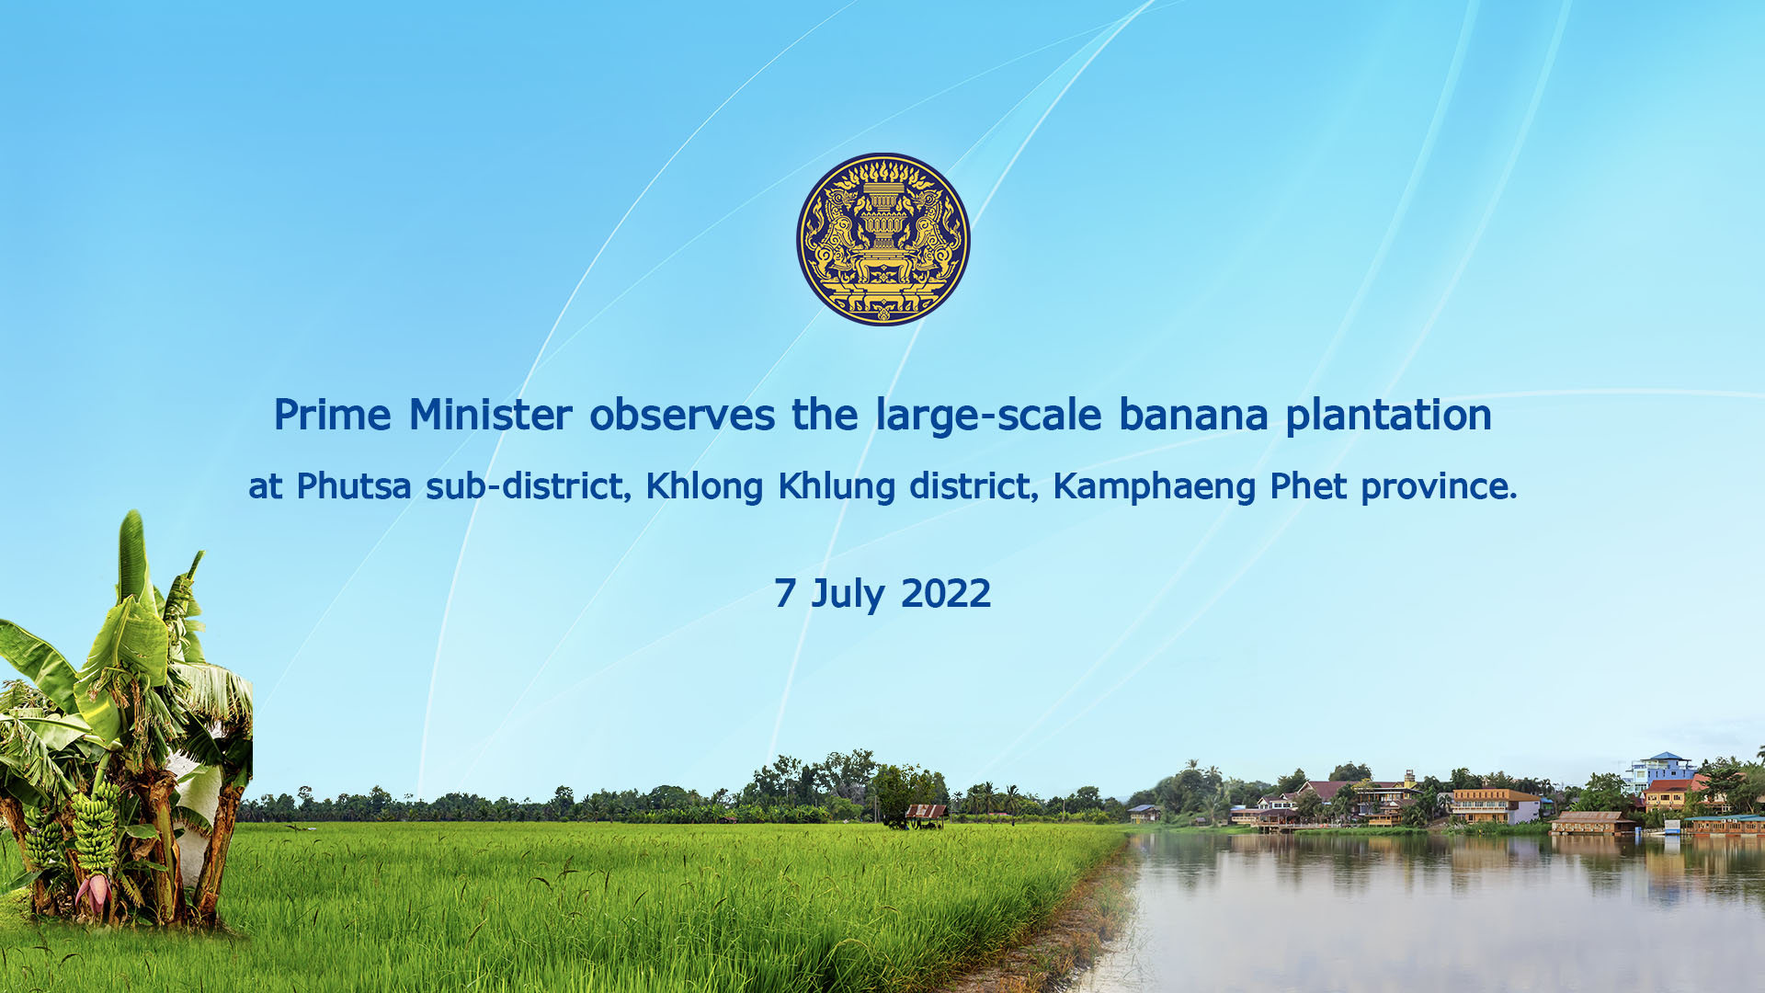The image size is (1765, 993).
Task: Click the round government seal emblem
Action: [882, 239]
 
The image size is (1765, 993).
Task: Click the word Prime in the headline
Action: [332, 415]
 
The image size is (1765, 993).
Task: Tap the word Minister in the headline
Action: [490, 415]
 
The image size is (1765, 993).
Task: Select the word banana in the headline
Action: [1193, 415]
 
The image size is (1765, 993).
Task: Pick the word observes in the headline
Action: [682, 415]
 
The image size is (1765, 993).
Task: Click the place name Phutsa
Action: [354, 485]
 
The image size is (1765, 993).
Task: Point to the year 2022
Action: [946, 593]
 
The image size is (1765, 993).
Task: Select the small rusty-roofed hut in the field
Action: [925, 815]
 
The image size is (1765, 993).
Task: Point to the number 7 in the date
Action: [784, 593]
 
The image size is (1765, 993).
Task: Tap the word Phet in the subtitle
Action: [1308, 485]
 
